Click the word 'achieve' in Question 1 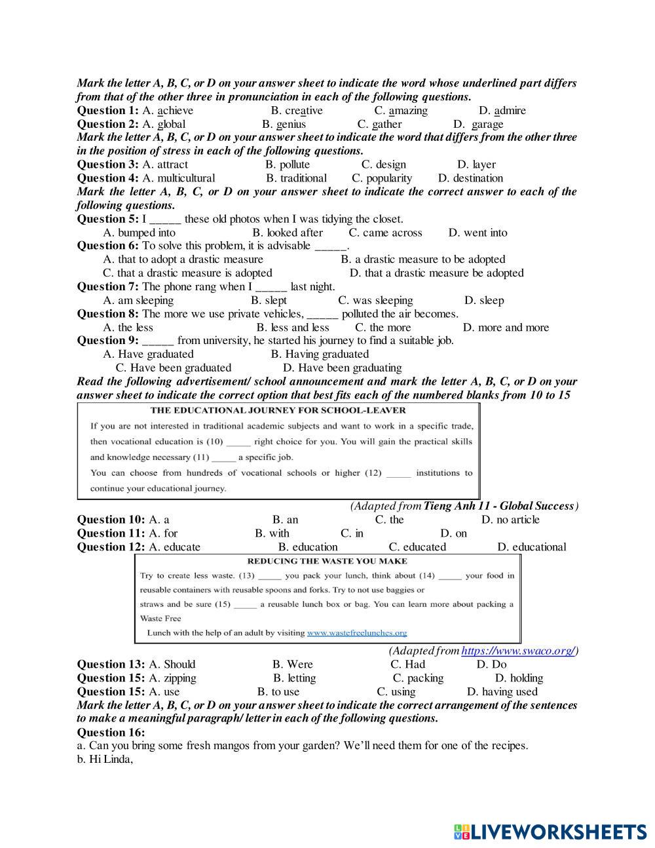click(x=175, y=110)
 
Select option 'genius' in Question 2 click(x=291, y=124)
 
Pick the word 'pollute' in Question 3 click(x=295, y=164)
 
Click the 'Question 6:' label click(x=107, y=246)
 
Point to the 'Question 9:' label click(x=107, y=341)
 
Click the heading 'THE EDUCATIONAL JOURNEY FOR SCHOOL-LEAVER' click(x=278, y=410)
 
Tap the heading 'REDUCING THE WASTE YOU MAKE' click(x=327, y=561)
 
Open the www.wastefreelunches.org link click(x=357, y=633)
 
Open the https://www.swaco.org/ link click(x=517, y=651)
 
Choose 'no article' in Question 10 click(x=517, y=520)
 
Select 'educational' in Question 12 click(x=539, y=547)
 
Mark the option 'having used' click(x=509, y=692)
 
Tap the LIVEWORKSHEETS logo click(x=550, y=832)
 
